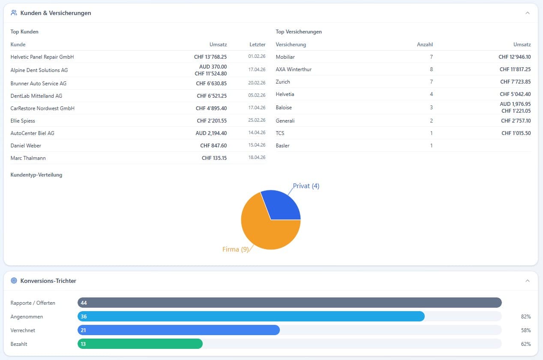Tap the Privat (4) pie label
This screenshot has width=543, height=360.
click(x=306, y=186)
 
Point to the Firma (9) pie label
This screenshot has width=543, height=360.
click(x=235, y=249)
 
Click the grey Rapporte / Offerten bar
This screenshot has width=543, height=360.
click(x=289, y=303)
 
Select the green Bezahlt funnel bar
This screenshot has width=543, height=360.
click(x=140, y=344)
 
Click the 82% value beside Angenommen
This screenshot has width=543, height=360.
click(x=526, y=317)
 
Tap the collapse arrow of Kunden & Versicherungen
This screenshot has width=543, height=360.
click(x=528, y=13)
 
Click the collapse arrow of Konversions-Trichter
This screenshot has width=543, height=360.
click(x=528, y=281)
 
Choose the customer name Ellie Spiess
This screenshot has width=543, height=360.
click(x=23, y=121)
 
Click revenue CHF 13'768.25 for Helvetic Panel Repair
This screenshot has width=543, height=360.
click(x=210, y=57)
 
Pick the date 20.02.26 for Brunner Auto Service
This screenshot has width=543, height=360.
click(x=257, y=83)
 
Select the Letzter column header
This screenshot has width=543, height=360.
click(x=257, y=45)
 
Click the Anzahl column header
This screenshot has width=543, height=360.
click(x=425, y=45)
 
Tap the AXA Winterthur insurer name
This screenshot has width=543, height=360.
click(x=294, y=69)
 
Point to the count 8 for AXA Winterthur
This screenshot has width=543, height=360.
click(x=431, y=69)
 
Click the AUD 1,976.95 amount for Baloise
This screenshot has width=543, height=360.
click(x=515, y=104)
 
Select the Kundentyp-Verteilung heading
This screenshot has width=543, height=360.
click(x=36, y=175)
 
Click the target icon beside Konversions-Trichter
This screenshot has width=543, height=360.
click(x=14, y=281)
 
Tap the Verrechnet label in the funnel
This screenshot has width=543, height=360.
click(x=23, y=330)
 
